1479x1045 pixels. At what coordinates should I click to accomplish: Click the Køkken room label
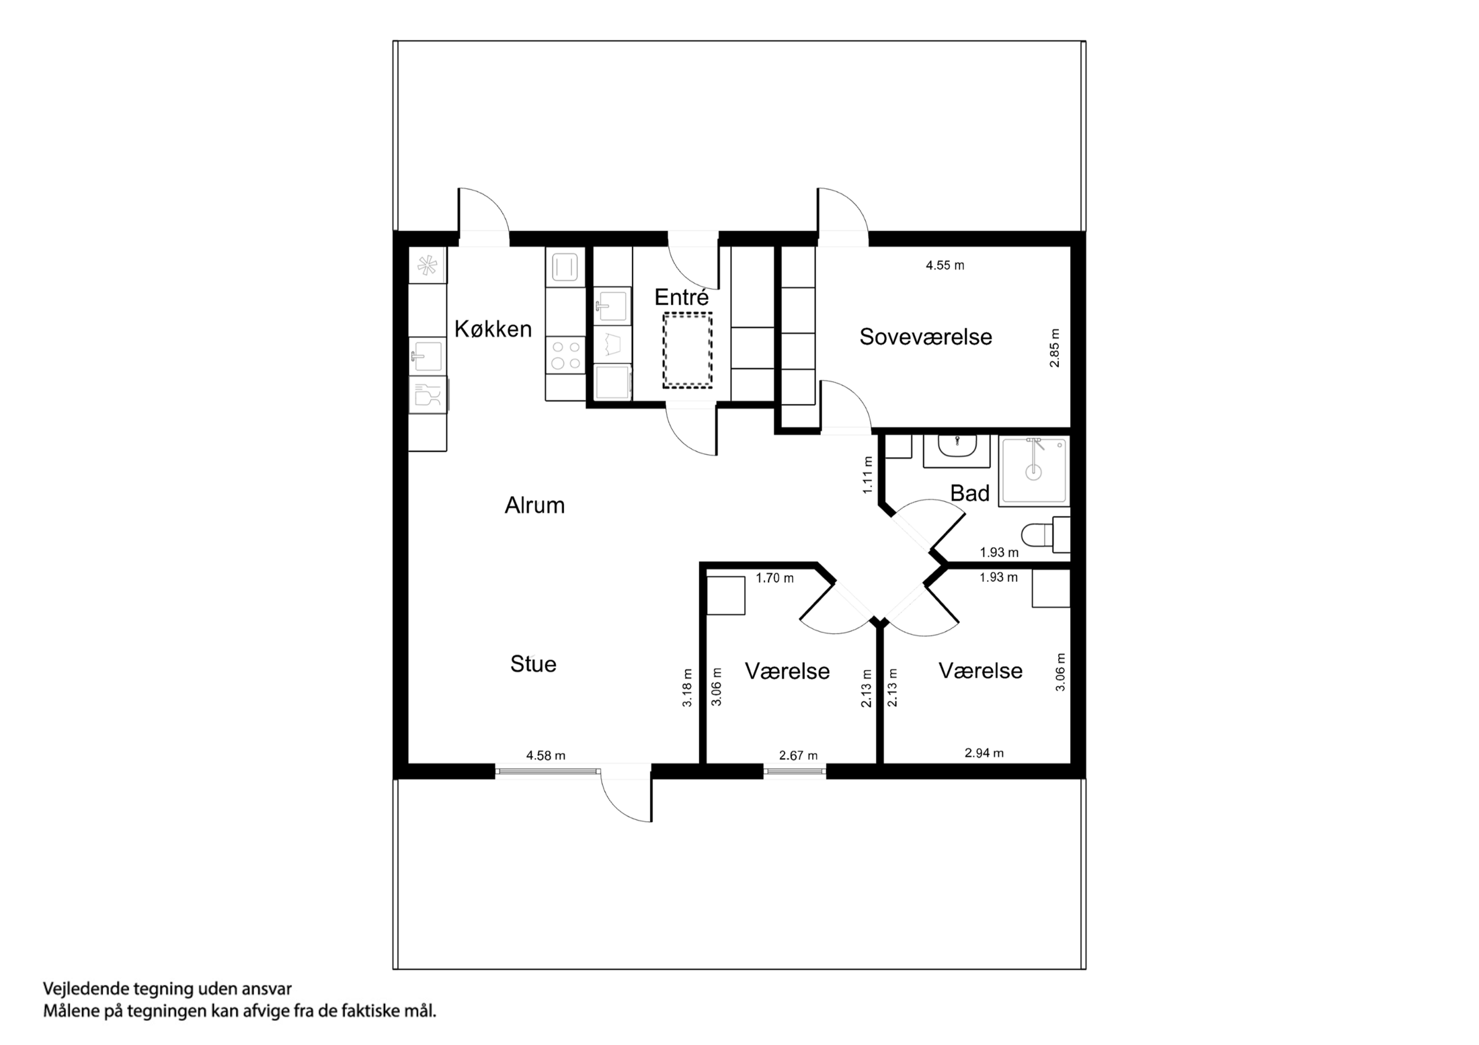(493, 329)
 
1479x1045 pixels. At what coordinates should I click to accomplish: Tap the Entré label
(681, 298)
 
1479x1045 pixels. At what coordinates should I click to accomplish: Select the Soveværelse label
(925, 337)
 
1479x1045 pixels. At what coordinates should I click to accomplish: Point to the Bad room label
(969, 494)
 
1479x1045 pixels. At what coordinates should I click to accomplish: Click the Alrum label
(534, 505)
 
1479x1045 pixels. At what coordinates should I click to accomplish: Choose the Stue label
(533, 664)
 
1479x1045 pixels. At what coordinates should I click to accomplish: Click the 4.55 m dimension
(945, 265)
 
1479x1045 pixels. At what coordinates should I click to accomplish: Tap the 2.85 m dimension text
(1054, 347)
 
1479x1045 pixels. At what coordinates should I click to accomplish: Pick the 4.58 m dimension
(545, 755)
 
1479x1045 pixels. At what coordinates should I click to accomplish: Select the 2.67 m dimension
(798, 755)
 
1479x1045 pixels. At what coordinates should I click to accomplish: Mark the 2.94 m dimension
(984, 753)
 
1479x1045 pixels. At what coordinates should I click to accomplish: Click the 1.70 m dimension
(774, 578)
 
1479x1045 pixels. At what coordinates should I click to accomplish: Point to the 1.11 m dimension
(868, 475)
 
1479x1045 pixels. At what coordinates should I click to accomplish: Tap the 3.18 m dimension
(687, 687)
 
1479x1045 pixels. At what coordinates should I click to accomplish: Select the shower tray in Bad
(1033, 470)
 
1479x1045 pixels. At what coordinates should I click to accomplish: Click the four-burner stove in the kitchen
(565, 356)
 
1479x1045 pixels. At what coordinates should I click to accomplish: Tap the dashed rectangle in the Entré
(687, 350)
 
